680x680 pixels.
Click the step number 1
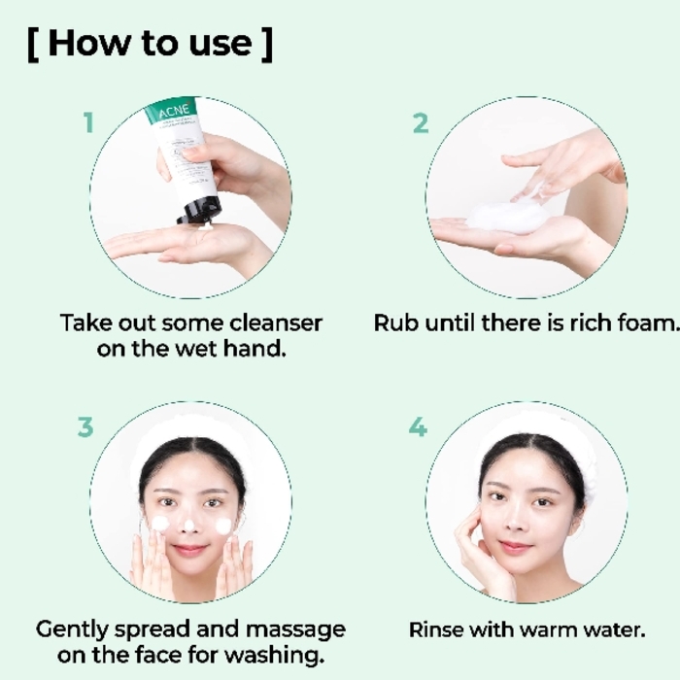point(88,123)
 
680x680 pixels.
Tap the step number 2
point(420,123)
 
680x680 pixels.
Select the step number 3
point(86,427)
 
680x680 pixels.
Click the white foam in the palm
point(505,216)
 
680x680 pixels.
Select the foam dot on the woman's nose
point(191,526)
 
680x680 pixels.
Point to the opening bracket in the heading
point(33,44)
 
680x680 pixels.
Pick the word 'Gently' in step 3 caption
point(71,629)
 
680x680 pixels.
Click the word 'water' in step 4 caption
point(616,629)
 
